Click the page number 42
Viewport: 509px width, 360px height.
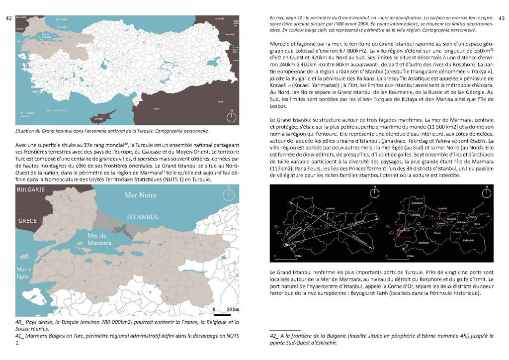click(x=8, y=18)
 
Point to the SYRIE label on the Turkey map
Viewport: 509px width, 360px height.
click(x=170, y=108)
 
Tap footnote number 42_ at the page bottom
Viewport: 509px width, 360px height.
click(x=274, y=336)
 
